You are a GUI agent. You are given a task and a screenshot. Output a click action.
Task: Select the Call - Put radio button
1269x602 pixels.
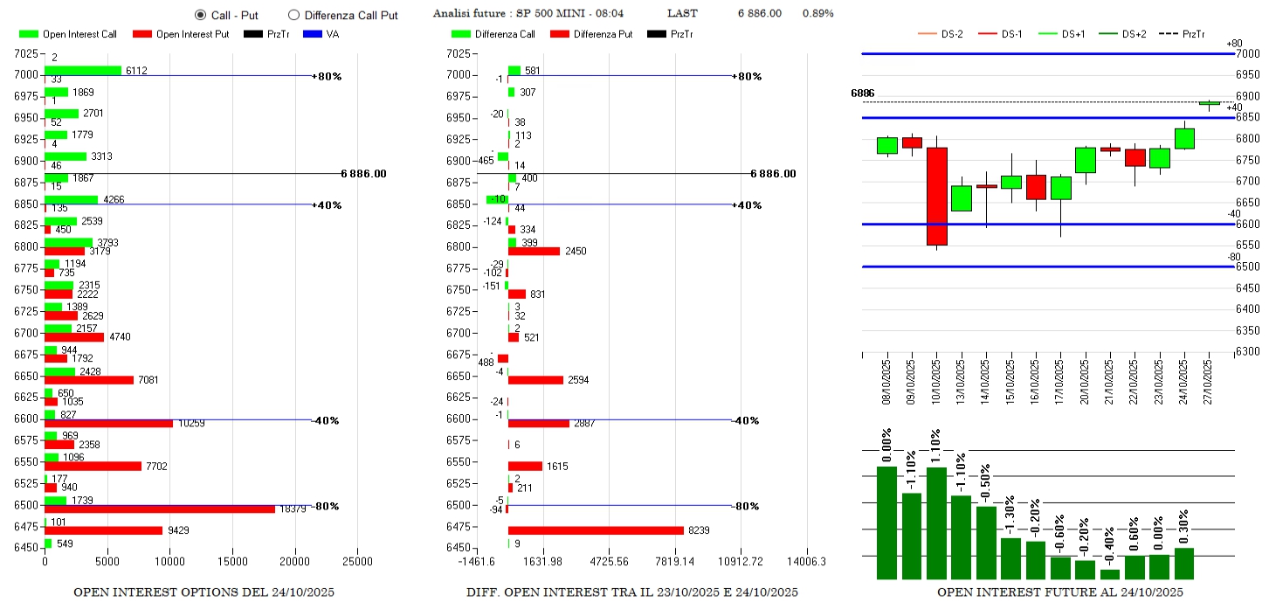coord(200,15)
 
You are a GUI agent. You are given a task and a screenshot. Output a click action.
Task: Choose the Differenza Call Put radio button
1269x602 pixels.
coord(293,15)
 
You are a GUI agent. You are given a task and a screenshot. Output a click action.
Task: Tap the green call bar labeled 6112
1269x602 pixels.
coord(83,71)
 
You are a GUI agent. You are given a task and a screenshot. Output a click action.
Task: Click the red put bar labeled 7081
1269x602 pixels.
coord(89,380)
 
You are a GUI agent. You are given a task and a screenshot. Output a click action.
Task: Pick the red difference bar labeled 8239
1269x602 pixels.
coord(596,530)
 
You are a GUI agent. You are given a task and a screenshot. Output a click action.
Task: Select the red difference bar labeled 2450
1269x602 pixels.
coord(534,251)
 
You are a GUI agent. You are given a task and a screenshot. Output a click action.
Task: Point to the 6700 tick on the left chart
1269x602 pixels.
coord(26,333)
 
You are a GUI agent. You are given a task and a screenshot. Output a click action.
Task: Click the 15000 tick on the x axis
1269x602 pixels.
coord(232,562)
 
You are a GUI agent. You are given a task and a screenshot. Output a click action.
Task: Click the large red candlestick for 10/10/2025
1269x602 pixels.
coord(936,196)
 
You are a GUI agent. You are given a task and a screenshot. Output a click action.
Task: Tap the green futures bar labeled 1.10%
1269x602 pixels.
coord(936,522)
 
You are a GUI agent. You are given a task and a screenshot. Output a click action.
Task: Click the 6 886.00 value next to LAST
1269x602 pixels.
coord(759,13)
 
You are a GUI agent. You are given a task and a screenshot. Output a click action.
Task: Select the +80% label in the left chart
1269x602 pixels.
coord(328,76)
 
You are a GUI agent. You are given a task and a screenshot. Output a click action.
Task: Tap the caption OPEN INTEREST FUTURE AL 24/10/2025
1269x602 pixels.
coord(1060,592)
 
